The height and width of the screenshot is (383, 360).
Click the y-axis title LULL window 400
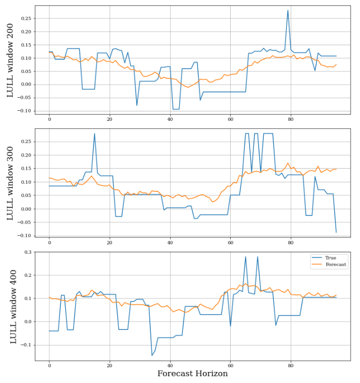[13, 306]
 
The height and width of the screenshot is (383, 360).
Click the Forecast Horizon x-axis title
[193, 374]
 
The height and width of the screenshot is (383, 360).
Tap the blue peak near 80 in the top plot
[287, 11]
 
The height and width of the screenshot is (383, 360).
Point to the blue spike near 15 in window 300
[95, 133]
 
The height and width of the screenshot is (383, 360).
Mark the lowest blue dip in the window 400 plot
[152, 355]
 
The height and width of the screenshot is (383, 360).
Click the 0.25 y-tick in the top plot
[25, 18]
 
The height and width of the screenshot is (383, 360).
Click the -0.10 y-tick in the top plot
[24, 111]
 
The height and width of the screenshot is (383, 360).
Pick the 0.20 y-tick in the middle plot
[25, 155]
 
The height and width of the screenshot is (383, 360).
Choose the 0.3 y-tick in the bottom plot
[27, 252]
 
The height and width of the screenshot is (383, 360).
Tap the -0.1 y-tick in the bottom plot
[26, 345]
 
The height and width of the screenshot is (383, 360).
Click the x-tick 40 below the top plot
[170, 119]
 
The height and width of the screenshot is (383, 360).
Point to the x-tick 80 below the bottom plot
[291, 366]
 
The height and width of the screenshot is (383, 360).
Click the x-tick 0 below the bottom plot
[49, 366]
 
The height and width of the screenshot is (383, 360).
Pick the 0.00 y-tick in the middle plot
[25, 209]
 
